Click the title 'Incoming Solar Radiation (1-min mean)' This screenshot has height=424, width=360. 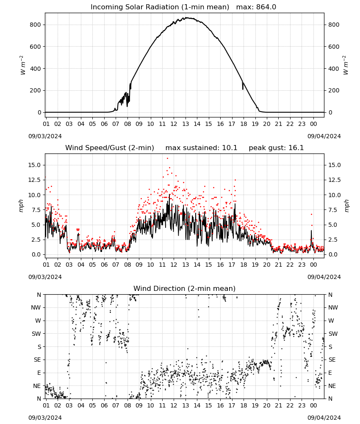click(x=160, y=7)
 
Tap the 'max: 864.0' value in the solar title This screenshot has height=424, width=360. click(x=256, y=7)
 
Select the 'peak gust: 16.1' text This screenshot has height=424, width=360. click(x=276, y=148)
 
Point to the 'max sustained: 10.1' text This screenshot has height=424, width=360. click(x=201, y=148)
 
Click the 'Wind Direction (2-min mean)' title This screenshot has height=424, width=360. click(x=185, y=288)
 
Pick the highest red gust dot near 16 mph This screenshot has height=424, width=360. click(x=167, y=159)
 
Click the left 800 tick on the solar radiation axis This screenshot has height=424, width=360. click(x=36, y=25)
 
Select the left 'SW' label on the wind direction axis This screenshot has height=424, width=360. click(x=36, y=334)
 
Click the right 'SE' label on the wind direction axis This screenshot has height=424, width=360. click(x=332, y=360)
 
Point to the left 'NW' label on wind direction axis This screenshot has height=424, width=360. click(x=36, y=307)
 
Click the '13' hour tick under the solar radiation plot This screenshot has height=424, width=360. click(x=186, y=124)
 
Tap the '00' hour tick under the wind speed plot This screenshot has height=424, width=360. click(x=313, y=265)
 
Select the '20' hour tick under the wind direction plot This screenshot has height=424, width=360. click(x=267, y=405)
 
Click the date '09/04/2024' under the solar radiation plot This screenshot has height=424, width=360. click(x=324, y=136)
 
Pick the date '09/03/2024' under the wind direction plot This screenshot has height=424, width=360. click(x=45, y=418)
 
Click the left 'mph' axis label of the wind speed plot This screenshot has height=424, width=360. click(x=21, y=206)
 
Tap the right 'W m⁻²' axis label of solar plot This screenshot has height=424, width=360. click(x=346, y=65)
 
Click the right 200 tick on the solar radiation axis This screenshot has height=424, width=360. click(x=334, y=91)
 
